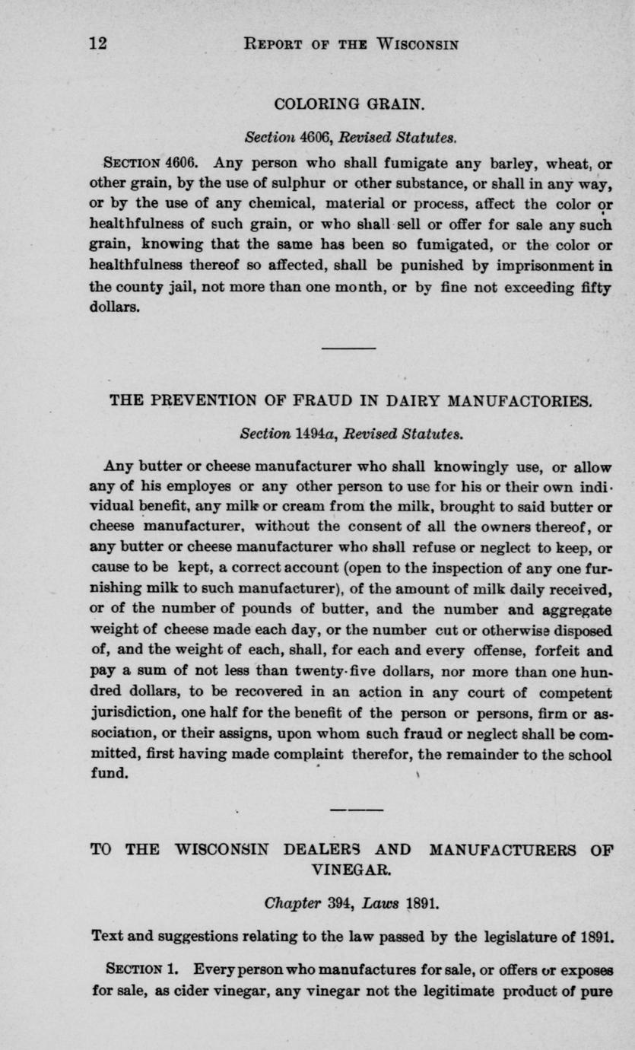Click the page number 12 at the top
pos(98,43)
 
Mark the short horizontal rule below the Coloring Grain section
pos(349,348)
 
